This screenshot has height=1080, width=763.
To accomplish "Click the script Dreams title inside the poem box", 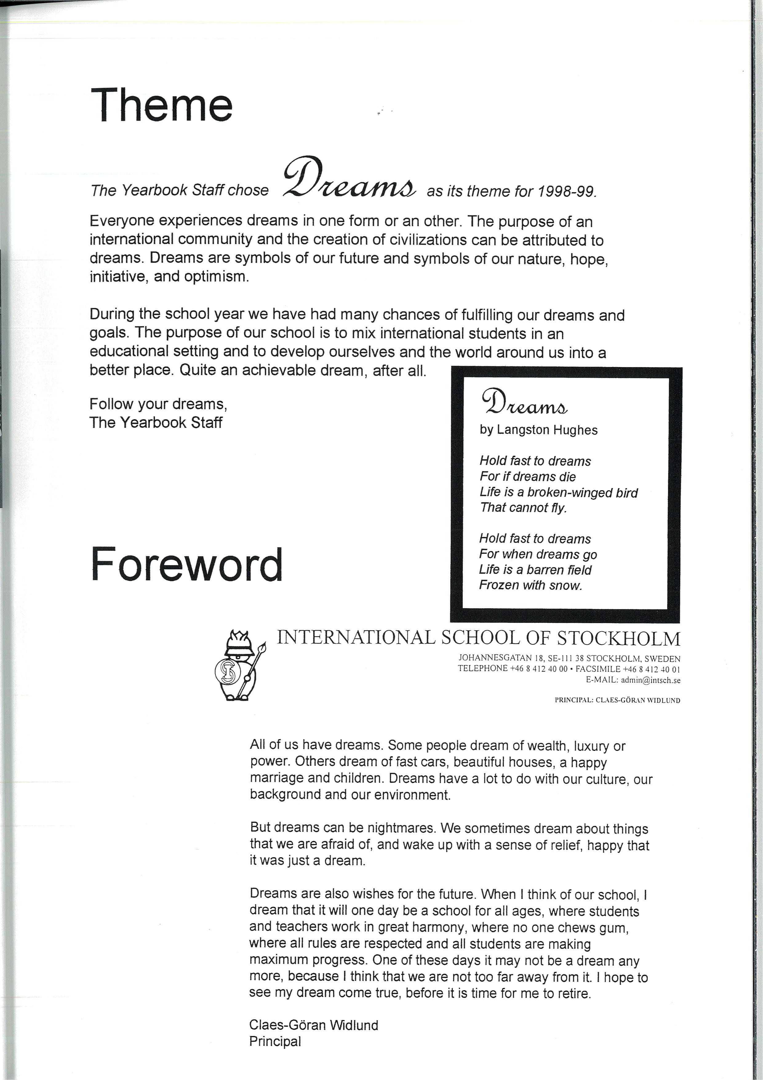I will (x=525, y=402).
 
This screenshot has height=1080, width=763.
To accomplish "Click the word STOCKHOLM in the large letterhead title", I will (x=619, y=638).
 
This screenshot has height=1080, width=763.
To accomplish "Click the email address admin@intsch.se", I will (x=651, y=680).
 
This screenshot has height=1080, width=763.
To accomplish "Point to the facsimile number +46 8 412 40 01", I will (x=652, y=669).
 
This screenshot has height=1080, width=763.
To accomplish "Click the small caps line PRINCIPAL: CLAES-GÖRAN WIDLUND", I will (x=617, y=700).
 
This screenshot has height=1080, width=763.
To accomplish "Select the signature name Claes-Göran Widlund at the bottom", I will (x=314, y=1025).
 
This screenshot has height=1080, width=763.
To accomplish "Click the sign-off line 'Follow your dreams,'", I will (x=158, y=404).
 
